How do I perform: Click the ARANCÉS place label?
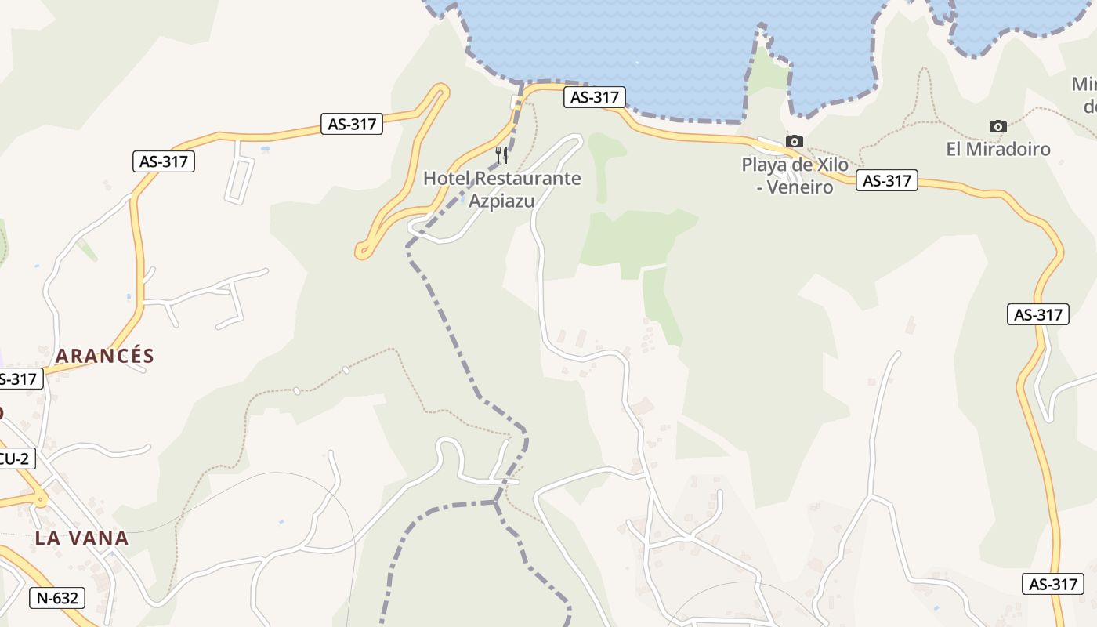(x=105, y=356)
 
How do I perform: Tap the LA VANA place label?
(x=81, y=538)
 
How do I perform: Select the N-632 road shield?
(x=57, y=599)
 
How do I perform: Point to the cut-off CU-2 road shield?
(x=14, y=459)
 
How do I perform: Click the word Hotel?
(x=447, y=179)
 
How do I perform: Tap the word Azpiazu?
(x=501, y=201)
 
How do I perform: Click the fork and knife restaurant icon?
(x=501, y=154)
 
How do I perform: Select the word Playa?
(x=766, y=165)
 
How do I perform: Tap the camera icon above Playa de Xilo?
(x=795, y=142)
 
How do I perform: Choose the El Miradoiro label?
(x=998, y=149)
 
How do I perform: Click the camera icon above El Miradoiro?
(x=997, y=127)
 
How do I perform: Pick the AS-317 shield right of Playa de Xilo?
(x=886, y=181)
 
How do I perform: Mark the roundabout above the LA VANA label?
(x=36, y=498)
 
